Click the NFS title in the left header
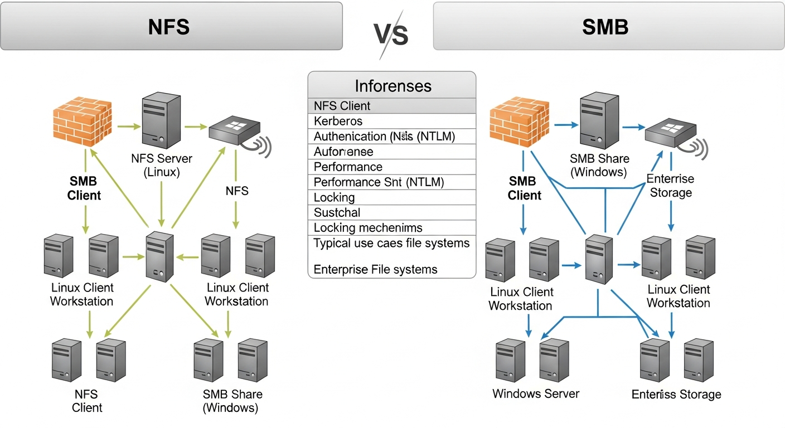(x=169, y=27)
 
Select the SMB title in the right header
(x=605, y=27)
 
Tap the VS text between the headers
(x=391, y=35)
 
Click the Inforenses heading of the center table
(x=392, y=86)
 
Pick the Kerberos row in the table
(x=338, y=121)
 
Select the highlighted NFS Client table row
(x=342, y=106)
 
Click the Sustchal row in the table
(x=337, y=212)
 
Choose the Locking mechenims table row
(x=368, y=227)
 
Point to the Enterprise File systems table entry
(x=375, y=270)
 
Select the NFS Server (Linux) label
(x=162, y=166)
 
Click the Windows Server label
(x=536, y=394)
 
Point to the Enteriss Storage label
(x=676, y=395)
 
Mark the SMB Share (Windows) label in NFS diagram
(x=232, y=401)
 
